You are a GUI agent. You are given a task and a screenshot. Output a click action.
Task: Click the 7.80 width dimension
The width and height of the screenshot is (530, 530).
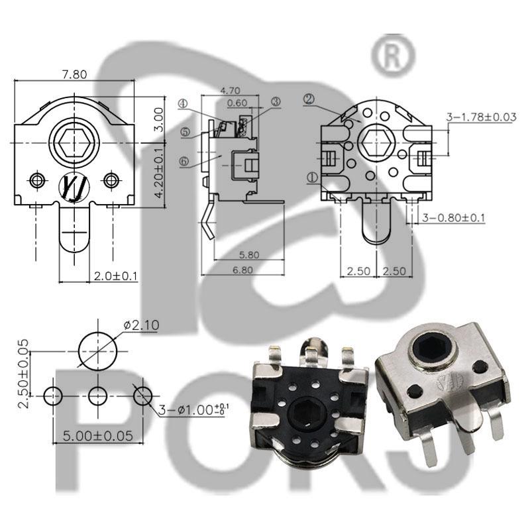[74, 75]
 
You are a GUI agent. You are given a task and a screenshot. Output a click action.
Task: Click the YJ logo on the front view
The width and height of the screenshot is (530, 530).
[73, 185]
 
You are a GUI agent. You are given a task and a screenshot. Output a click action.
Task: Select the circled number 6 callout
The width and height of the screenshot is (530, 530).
[184, 161]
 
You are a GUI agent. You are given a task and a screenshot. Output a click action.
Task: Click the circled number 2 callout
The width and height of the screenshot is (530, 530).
[308, 99]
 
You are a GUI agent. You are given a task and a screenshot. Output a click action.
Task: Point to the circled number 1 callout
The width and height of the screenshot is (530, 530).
[312, 177]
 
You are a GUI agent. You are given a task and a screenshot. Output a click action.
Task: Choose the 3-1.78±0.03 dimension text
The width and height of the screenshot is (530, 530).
[482, 117]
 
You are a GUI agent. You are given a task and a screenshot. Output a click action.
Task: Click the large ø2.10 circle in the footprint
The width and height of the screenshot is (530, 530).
[99, 350]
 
